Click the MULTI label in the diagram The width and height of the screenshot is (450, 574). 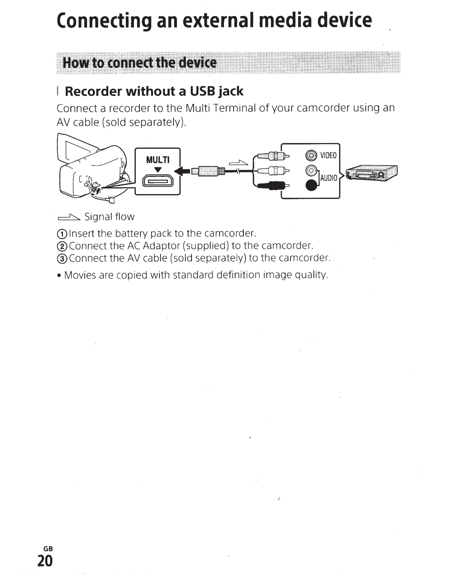[157, 160]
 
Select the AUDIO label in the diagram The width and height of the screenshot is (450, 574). [328, 178]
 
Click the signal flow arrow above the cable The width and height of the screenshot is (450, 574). [238, 163]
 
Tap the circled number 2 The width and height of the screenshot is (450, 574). [62, 246]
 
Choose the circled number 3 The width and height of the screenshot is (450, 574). [62, 259]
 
